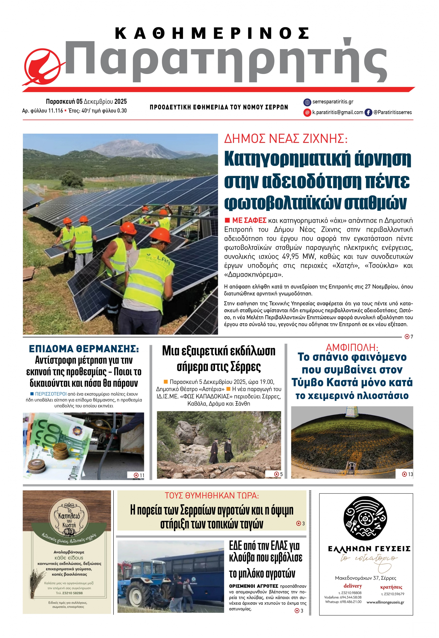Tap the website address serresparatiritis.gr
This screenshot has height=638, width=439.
point(333,102)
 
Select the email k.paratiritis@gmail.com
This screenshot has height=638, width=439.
point(338,112)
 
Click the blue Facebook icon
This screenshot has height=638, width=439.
point(368,112)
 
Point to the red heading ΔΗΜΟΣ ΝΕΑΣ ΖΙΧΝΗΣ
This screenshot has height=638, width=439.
point(286,139)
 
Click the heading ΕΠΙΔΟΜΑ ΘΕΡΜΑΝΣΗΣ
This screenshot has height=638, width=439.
point(84,349)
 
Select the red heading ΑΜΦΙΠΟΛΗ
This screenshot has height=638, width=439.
point(352,347)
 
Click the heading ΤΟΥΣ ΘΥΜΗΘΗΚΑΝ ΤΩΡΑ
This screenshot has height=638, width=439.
point(212,496)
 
